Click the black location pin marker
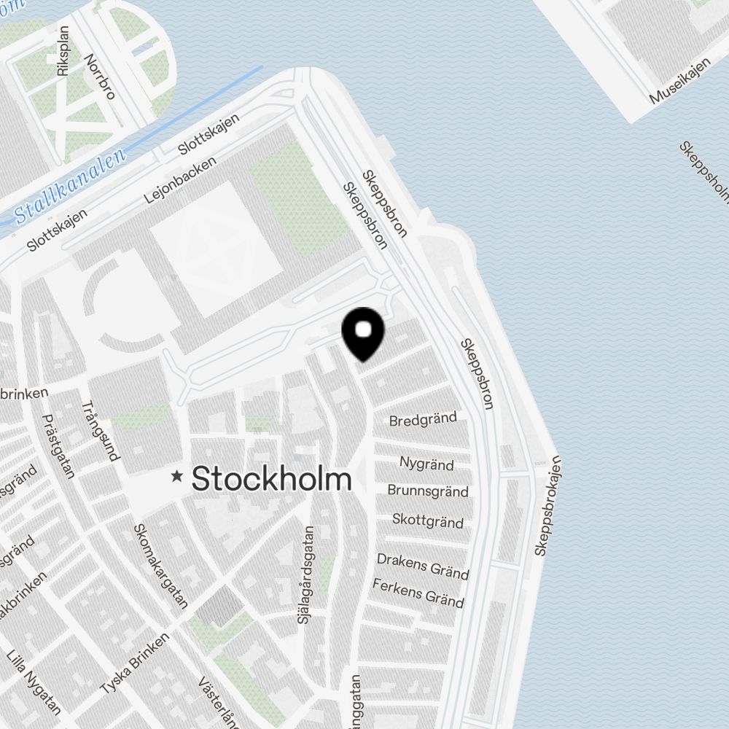pos(363,332)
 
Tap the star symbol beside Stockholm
pos(176,477)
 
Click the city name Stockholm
pos(271,479)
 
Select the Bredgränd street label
pos(423,420)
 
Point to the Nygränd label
pos(426,464)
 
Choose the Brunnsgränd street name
pos(428,491)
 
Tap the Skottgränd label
pos(428,521)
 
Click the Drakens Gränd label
pos(423,566)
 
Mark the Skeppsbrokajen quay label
pos(547,505)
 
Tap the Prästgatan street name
pos(59,446)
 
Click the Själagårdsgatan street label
pos(306,576)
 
